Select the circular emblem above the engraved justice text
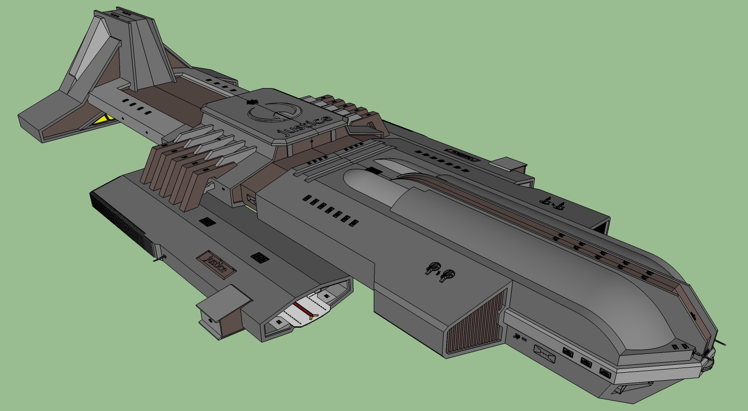pyautogui.click(x=275, y=112)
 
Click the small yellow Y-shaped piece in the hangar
pyautogui.click(x=313, y=316)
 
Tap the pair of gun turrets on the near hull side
pyautogui.click(x=440, y=272)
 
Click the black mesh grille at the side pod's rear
pyautogui.click(x=122, y=223)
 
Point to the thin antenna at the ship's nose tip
pyautogui.click(x=721, y=342)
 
